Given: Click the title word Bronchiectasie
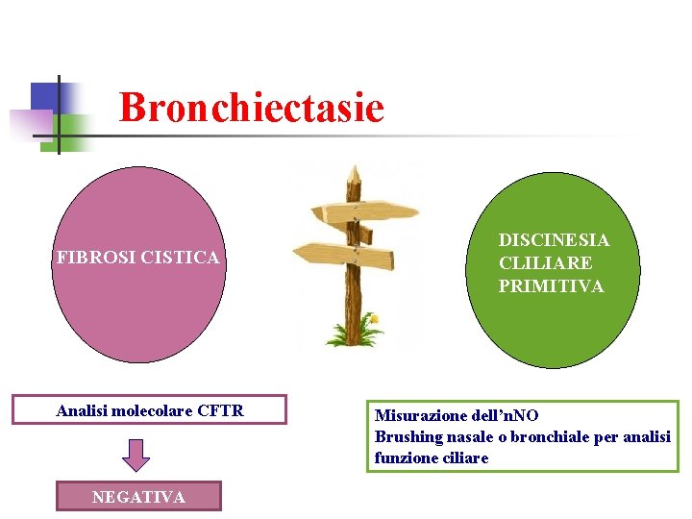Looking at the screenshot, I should click(x=251, y=108).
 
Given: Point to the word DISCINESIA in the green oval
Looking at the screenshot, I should click(x=554, y=240).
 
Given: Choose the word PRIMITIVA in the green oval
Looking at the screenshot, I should click(x=551, y=285).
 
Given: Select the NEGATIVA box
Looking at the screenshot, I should click(x=138, y=496).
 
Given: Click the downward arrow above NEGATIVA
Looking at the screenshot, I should click(x=137, y=455).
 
